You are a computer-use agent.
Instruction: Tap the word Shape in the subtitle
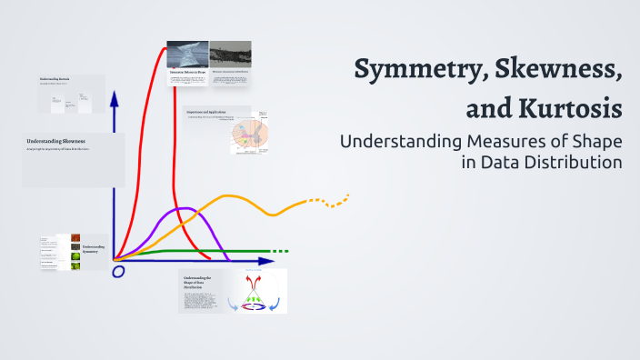594,143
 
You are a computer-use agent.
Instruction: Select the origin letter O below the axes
117,270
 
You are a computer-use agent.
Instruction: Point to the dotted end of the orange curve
329,201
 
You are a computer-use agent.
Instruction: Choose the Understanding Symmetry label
93,248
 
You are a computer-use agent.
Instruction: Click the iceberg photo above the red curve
187,56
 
